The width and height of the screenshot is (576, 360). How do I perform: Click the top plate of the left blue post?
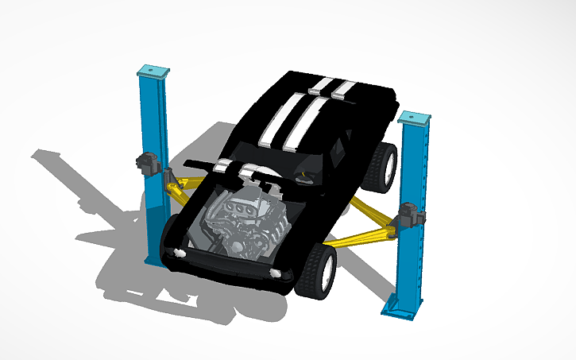coord(153,71)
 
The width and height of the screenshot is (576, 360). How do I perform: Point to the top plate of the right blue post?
coord(415,118)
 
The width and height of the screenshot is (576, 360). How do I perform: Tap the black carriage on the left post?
coord(148,162)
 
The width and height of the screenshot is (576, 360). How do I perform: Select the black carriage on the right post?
coord(410,215)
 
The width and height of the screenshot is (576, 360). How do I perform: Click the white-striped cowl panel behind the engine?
coord(246,168)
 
